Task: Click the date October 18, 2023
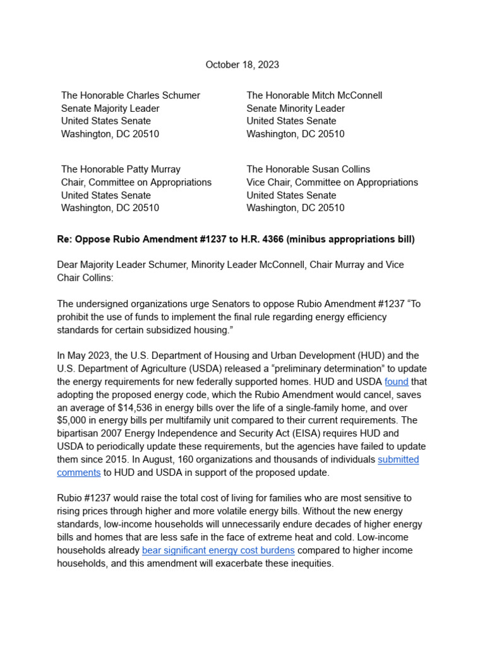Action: click(242, 65)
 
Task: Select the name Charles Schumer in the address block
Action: click(164, 95)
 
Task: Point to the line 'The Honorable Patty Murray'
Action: click(121, 169)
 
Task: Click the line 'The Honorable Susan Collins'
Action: click(308, 169)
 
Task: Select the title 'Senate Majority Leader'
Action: click(110, 108)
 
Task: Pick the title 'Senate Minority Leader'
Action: click(296, 108)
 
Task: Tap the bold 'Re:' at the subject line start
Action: click(65, 239)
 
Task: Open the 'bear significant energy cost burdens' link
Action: click(219, 550)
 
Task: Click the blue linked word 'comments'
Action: click(79, 472)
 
